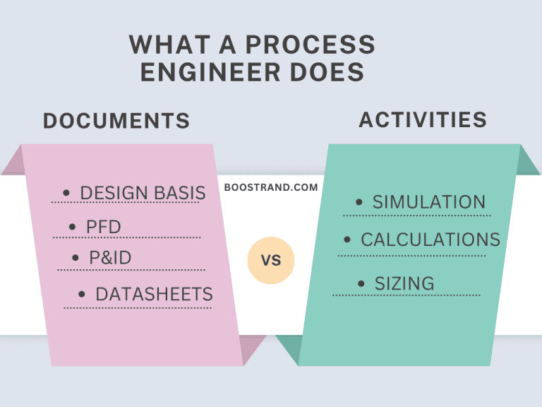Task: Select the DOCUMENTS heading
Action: (116, 121)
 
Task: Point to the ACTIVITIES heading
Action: (423, 119)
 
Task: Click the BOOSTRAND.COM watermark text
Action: (271, 188)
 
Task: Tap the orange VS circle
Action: (271, 261)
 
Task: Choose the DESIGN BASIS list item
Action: (143, 193)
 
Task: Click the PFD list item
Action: (104, 227)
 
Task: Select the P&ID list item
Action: (110, 258)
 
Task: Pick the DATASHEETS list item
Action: (154, 294)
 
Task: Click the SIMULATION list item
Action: (428, 202)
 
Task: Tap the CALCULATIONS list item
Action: (430, 240)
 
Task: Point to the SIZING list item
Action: (404, 284)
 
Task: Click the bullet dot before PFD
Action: (73, 227)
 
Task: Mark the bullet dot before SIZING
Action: (361, 284)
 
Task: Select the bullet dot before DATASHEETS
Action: (82, 294)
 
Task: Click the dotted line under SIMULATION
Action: (416, 216)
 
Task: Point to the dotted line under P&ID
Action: (131, 270)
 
